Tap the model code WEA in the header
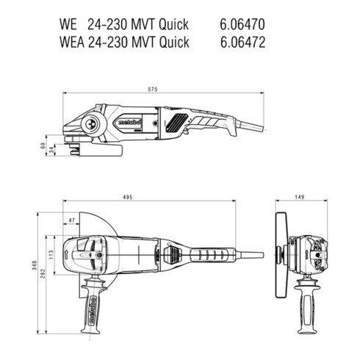point(71,42)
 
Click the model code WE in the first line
point(68,25)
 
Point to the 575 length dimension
point(153,88)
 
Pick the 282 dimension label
point(45,273)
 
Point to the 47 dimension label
point(71,220)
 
